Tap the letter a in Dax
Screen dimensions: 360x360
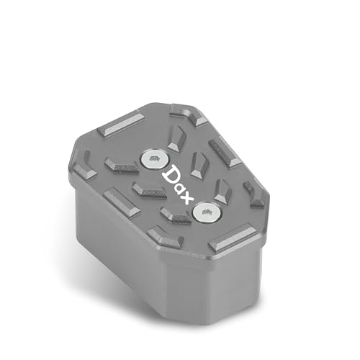[x=180, y=189]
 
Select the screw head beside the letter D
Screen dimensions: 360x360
[x=155, y=160]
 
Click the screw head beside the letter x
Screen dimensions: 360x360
[x=207, y=212]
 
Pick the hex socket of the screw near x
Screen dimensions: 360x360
[x=206, y=211]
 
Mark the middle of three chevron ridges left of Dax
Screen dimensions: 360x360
[x=149, y=191]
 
